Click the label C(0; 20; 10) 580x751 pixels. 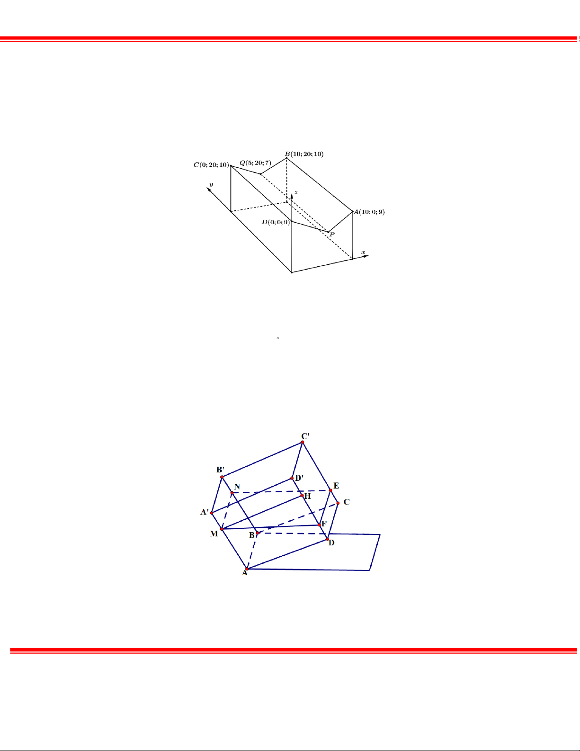pyautogui.click(x=211, y=165)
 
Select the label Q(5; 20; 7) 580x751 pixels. pyautogui.click(x=256, y=163)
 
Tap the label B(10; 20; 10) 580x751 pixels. pyautogui.click(x=304, y=154)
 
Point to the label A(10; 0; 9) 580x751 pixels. pyautogui.click(x=369, y=212)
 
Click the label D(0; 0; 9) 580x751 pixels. pyautogui.click(x=276, y=222)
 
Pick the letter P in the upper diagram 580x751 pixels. pyautogui.click(x=332, y=235)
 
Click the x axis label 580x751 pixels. pyautogui.click(x=363, y=253)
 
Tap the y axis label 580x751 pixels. pyautogui.click(x=211, y=184)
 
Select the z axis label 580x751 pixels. pyautogui.click(x=296, y=192)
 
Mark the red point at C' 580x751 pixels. pyautogui.click(x=303, y=442)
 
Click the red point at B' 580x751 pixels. pyautogui.click(x=222, y=477)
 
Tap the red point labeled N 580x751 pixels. pyautogui.click(x=232, y=492)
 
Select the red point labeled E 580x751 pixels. pyautogui.click(x=330, y=490)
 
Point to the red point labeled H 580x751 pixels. pyautogui.click(x=302, y=495)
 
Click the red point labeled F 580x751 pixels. pyautogui.click(x=319, y=525)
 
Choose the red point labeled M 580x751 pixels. pyautogui.click(x=222, y=529)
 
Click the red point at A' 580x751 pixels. pyautogui.click(x=212, y=513)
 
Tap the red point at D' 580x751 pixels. pyautogui.click(x=292, y=478)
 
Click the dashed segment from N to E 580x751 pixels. pyautogui.click(x=281, y=491)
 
